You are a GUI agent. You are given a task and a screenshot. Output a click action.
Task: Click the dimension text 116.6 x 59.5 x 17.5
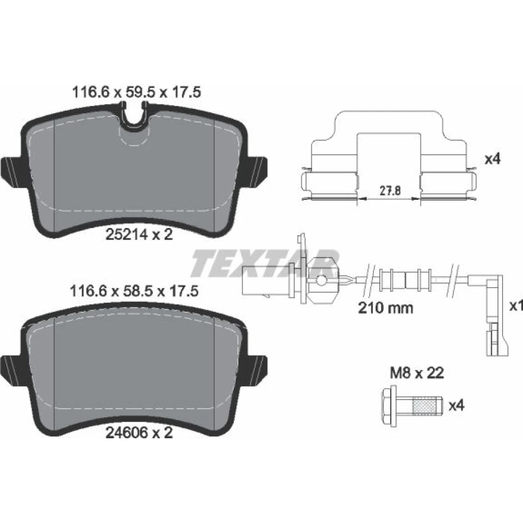[x=137, y=92]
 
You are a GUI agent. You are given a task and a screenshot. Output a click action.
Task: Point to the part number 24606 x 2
[x=139, y=433]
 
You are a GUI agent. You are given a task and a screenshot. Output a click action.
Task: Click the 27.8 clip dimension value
[x=390, y=191]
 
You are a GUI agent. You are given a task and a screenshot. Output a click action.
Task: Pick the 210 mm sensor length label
[x=385, y=308]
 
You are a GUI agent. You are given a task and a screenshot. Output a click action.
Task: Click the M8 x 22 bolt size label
[x=417, y=373]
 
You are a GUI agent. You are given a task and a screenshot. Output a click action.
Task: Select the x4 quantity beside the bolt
[x=456, y=406]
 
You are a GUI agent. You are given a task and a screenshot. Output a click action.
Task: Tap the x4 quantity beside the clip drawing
[x=492, y=159]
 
